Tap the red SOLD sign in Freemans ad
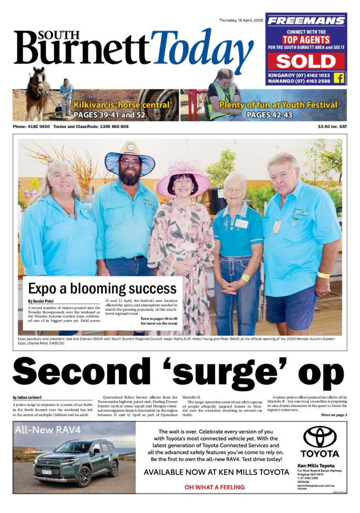pos(306,61)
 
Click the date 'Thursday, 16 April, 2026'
pos(241,20)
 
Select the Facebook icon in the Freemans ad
pos(339,78)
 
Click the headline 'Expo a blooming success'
pos(102,288)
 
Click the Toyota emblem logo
pos(319,437)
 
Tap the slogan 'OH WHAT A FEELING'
pos(215,487)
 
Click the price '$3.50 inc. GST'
pos(332,127)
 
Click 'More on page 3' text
pos(334,415)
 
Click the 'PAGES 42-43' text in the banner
pos(271,115)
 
